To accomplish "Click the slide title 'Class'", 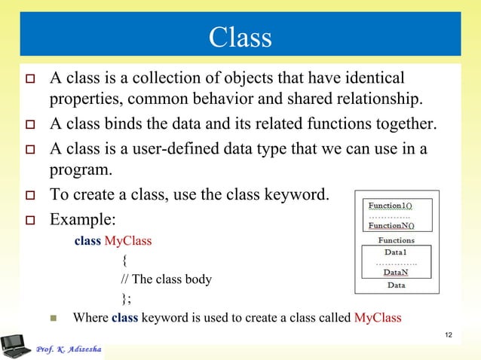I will [240, 36].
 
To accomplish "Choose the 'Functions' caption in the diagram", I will [396, 240].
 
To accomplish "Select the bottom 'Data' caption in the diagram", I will [396, 285].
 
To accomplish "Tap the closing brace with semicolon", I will [126, 297].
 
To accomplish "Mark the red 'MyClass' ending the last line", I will [377, 317].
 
